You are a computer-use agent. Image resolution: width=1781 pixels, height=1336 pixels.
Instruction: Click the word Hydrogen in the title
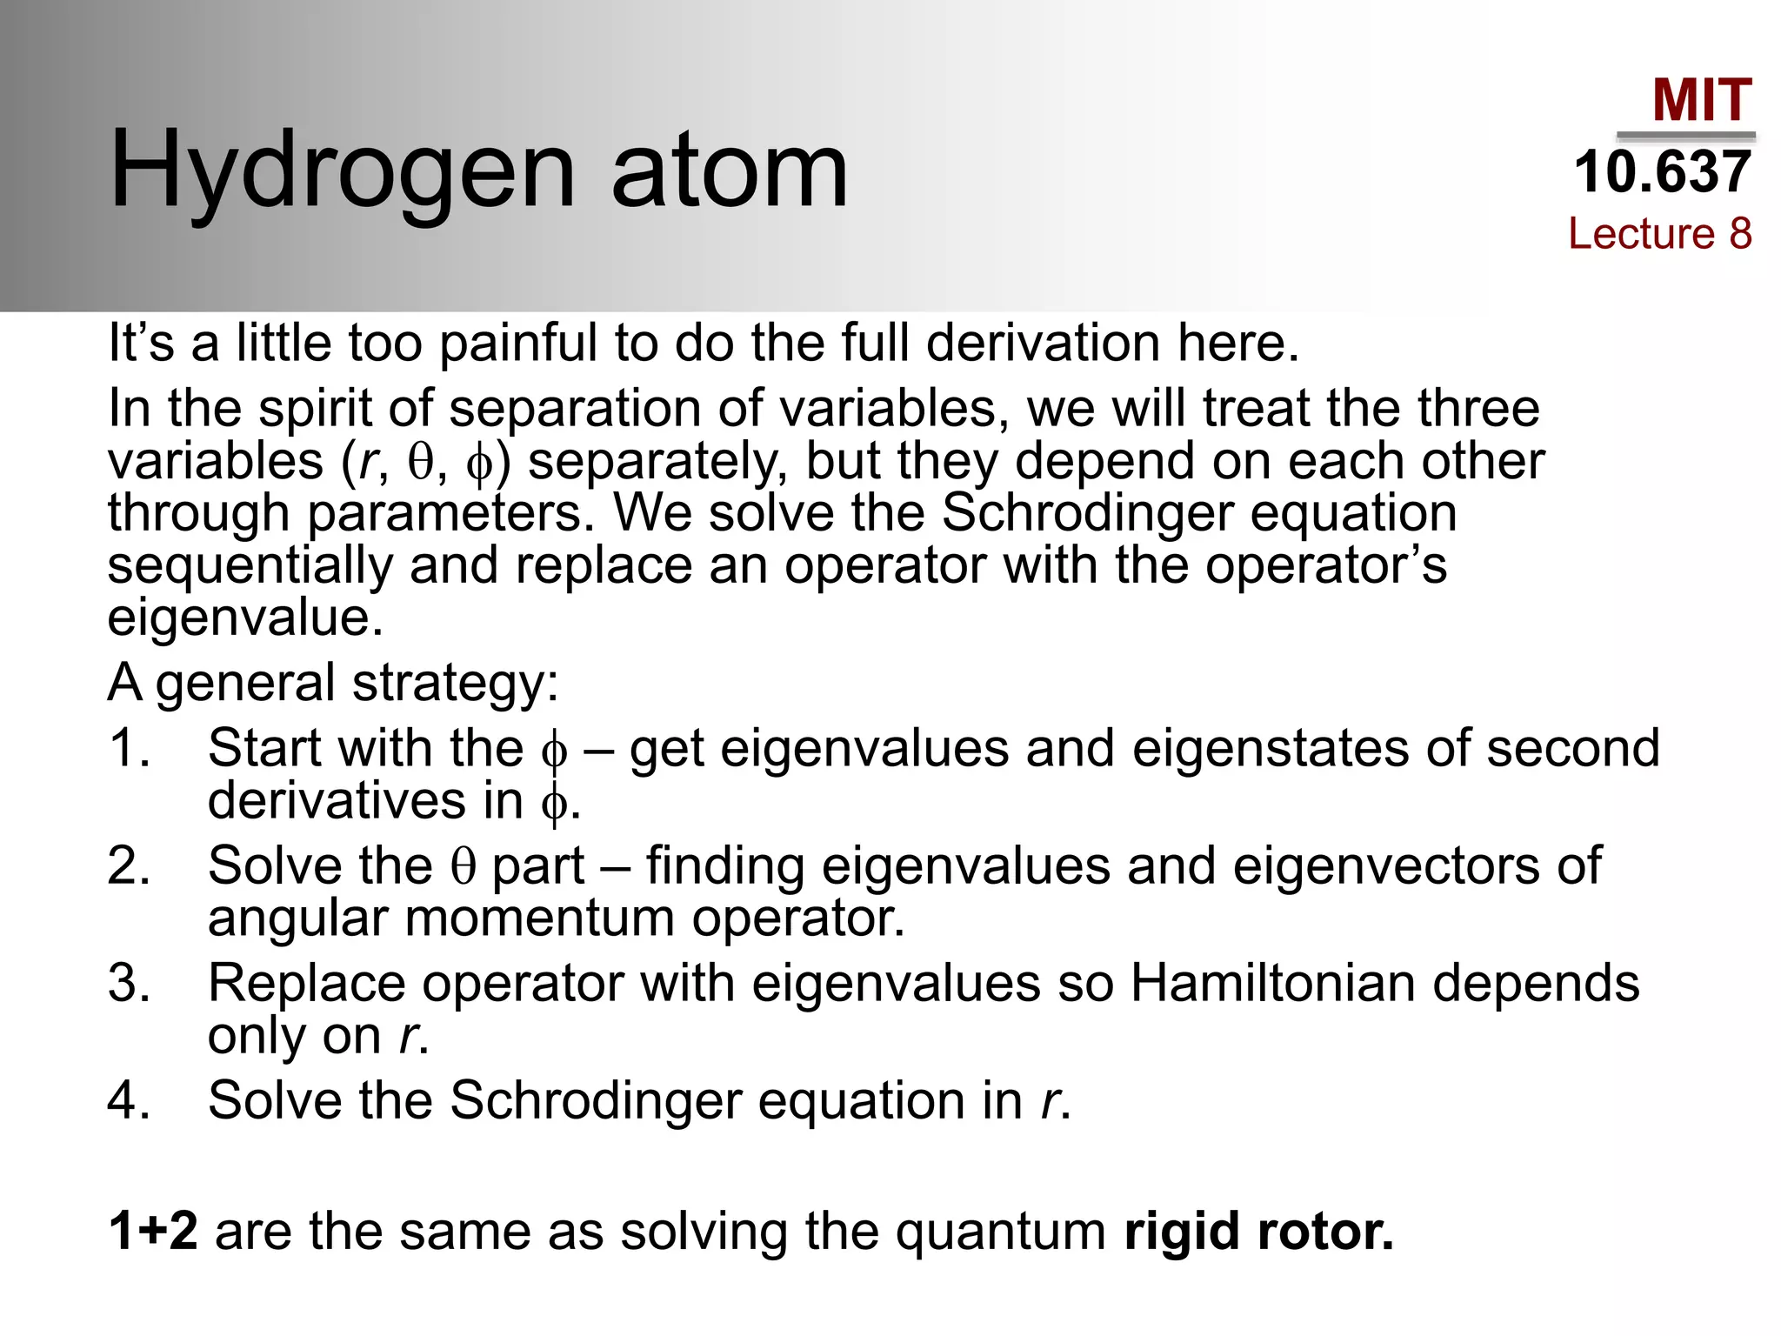tap(342, 170)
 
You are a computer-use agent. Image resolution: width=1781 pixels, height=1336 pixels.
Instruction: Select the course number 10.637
tap(1662, 171)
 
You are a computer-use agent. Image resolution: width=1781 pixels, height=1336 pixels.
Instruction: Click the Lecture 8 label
tap(1659, 233)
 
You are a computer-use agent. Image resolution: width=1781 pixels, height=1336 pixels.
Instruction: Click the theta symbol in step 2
tap(464, 866)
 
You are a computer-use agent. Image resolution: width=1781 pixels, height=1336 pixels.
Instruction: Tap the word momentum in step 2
tap(539, 918)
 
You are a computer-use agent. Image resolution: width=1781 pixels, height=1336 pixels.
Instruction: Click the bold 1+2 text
tap(153, 1232)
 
